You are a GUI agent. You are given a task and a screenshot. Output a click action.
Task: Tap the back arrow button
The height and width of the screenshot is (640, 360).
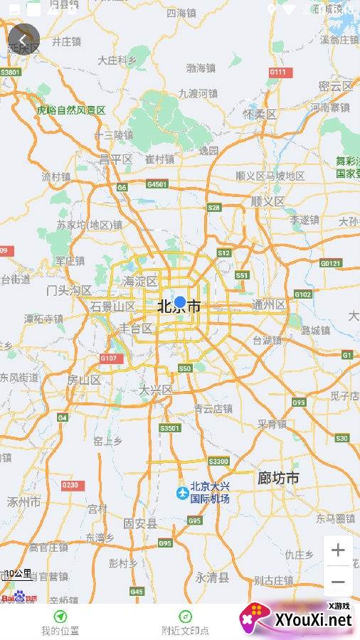point(23,40)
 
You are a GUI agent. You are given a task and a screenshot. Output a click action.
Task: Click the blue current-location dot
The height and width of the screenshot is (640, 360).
point(180,302)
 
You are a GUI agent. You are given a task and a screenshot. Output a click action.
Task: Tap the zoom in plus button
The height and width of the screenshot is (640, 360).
point(338,550)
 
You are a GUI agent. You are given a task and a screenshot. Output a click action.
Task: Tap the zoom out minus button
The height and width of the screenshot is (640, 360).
point(338,582)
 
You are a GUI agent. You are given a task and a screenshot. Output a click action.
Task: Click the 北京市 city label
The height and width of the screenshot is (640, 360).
point(179,307)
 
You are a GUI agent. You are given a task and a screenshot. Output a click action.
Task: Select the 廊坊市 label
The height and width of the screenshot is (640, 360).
point(278,478)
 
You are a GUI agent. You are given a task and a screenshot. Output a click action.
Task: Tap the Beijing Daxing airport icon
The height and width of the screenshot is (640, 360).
point(183,492)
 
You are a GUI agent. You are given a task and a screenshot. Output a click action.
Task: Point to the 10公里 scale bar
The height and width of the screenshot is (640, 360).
point(18,575)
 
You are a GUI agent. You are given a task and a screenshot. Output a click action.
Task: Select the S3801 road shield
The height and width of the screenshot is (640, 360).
point(11,73)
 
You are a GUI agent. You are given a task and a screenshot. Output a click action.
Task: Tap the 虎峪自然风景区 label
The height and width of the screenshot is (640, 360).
point(71,110)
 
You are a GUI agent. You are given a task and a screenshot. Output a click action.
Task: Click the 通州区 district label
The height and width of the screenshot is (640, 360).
point(268,304)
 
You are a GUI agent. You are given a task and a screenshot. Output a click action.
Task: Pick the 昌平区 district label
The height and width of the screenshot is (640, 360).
point(116,159)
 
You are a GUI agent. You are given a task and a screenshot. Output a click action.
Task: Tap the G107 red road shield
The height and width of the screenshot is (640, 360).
point(111,358)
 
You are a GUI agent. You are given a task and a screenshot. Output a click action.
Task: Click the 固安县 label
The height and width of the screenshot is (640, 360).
point(140,523)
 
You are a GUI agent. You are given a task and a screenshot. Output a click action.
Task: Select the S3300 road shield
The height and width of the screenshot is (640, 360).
point(219,462)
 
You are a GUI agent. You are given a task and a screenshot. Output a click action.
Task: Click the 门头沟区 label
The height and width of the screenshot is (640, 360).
point(69,290)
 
